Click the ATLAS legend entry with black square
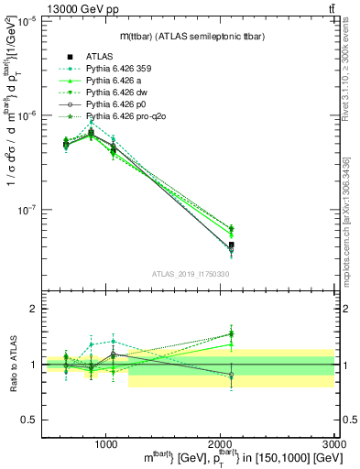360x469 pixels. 99,57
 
